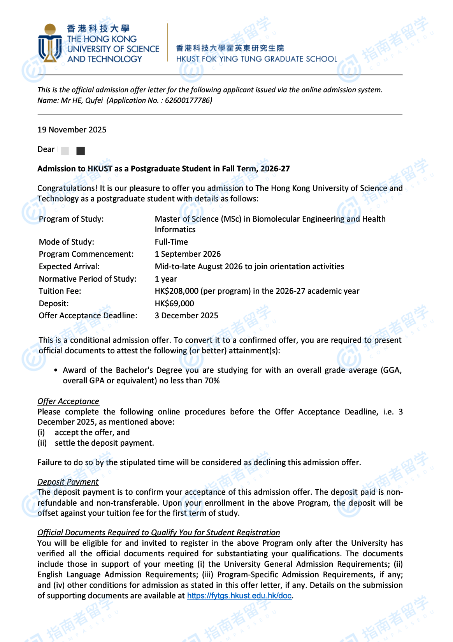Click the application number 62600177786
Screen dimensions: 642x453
(188, 101)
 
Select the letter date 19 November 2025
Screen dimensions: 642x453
(72, 130)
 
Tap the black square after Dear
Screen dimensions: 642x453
(81, 151)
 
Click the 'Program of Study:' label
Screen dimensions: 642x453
(71, 219)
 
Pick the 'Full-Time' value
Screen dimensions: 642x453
(171, 242)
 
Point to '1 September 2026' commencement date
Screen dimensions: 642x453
(188, 254)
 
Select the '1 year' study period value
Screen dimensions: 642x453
(166, 279)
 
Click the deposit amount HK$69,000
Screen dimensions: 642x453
(174, 303)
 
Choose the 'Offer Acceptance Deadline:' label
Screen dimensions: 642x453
(88, 316)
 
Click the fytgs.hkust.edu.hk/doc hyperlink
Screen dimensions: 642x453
(239, 596)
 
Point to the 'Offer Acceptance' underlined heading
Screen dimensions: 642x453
(68, 401)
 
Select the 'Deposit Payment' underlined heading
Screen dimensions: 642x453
(68, 482)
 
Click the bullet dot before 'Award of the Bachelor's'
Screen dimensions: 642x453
(56, 370)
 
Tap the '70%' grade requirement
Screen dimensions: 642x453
(212, 381)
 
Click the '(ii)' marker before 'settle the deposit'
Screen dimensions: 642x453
(42, 443)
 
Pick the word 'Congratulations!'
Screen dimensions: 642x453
(67, 188)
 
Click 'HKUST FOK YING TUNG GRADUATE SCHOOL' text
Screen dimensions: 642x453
(256, 59)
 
